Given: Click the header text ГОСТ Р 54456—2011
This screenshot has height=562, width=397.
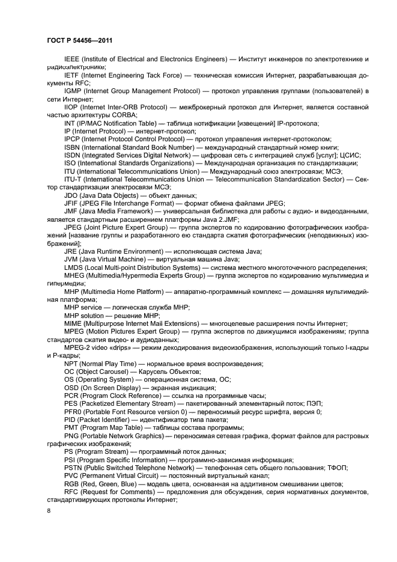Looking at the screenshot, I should click(80, 40).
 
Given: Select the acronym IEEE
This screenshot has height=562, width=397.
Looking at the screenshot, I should click(71, 59).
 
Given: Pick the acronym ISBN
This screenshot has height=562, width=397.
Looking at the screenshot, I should click(72, 147).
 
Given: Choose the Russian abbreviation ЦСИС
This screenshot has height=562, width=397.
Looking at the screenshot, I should click(349, 154).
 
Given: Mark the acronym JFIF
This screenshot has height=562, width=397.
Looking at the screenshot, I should click(71, 203).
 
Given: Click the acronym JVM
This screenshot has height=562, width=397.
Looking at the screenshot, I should click(71, 259).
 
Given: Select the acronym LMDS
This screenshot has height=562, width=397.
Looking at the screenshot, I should click(73, 267).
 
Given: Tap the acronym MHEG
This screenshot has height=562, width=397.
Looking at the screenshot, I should click(74, 275).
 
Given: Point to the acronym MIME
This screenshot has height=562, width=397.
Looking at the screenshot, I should click(72, 323).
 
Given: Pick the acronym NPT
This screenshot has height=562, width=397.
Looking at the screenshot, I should click(71, 364).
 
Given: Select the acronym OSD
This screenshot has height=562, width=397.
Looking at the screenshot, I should click(71, 388).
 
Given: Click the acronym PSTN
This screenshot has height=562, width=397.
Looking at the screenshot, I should click(73, 467).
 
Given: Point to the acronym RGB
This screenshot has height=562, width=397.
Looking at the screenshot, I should click(72, 483).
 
